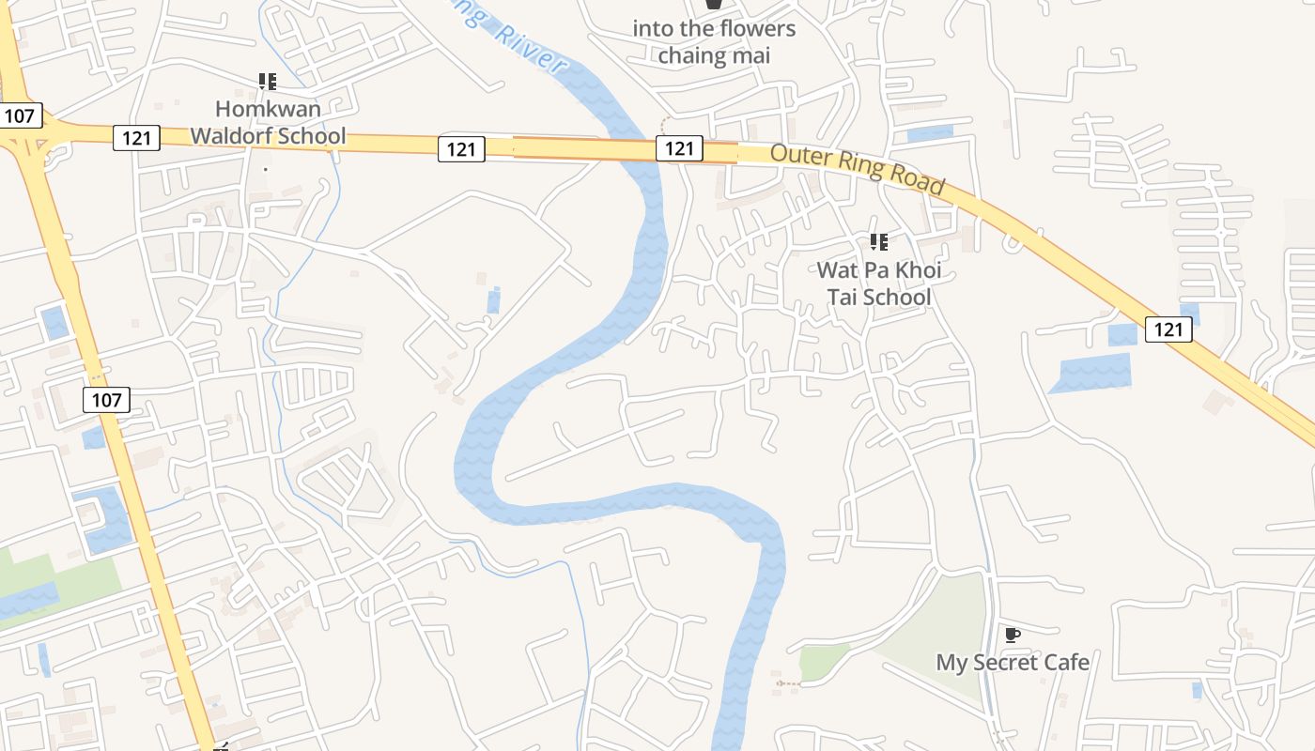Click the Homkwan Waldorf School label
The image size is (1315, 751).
point(268,123)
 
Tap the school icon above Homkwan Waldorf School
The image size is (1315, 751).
point(268,82)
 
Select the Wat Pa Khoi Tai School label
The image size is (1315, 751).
point(878,284)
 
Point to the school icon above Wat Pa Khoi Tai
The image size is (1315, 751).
point(879,242)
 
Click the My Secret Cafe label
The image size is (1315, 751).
point(1013,662)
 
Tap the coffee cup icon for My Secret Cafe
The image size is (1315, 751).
point(1012,636)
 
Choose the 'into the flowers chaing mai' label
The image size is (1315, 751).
point(714,42)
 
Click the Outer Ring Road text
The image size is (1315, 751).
point(857,169)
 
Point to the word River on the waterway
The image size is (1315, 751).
point(530,49)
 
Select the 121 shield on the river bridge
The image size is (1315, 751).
point(679,147)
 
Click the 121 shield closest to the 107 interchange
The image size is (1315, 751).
point(137,138)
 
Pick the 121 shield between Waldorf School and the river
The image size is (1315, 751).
point(461,147)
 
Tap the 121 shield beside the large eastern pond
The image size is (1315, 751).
point(1168,329)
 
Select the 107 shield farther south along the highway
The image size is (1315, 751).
point(107,400)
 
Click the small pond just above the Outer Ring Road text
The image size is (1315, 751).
point(930,133)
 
